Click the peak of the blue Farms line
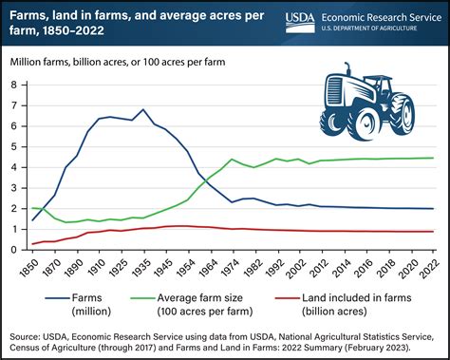pyautogui.click(x=142, y=109)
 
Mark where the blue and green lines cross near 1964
pyautogui.click(x=205, y=179)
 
